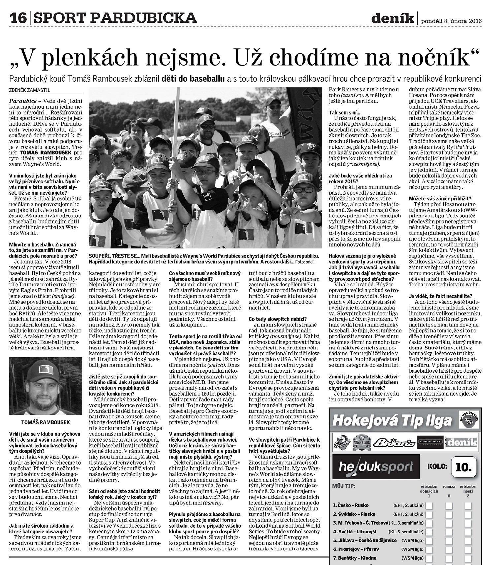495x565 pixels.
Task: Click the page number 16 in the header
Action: [x=18, y=17]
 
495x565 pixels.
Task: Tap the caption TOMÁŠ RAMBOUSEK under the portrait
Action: [x=46, y=422]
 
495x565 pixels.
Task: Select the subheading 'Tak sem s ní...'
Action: [x=345, y=113]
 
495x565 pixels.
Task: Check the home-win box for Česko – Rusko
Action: [x=429, y=505]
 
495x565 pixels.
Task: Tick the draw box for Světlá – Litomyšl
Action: [x=449, y=532]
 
